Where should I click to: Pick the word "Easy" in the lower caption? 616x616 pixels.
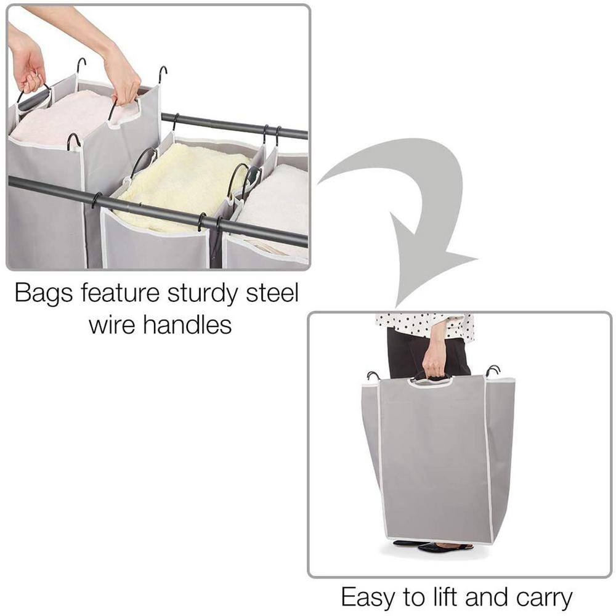367,597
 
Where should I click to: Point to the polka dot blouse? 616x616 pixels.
425,323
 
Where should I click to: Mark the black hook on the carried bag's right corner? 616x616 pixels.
493,371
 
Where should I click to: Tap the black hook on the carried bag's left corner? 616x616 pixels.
373,375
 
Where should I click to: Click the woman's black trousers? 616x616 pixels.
407,354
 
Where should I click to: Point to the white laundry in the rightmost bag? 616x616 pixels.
277,203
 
